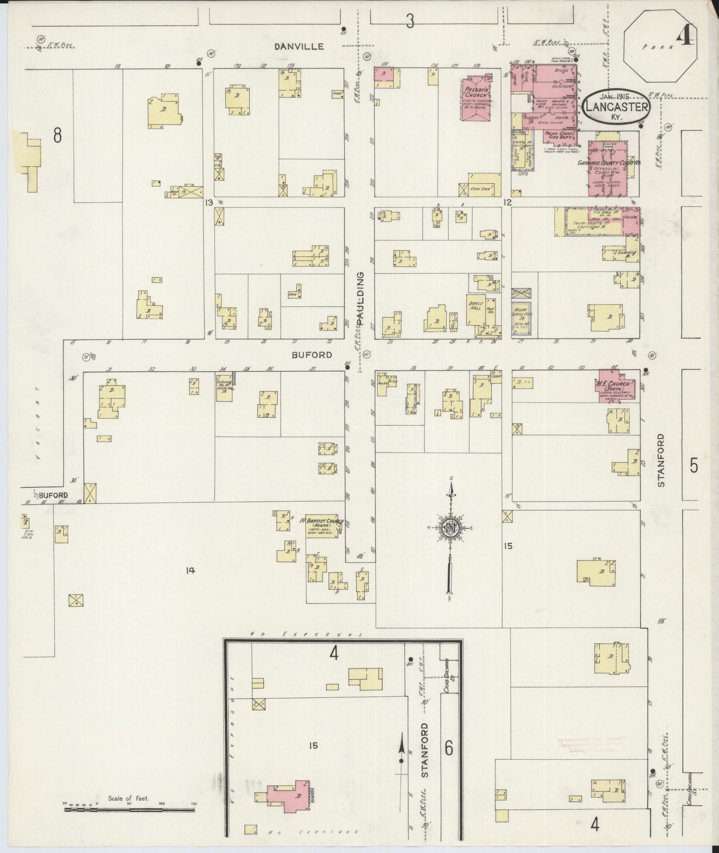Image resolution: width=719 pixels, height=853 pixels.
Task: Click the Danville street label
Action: pyautogui.click(x=300, y=46)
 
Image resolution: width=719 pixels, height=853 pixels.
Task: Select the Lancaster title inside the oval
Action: pyautogui.click(x=616, y=107)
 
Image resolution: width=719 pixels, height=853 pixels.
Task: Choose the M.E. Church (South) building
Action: pyautogui.click(x=615, y=386)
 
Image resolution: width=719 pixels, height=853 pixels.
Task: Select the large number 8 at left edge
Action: pyautogui.click(x=58, y=135)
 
